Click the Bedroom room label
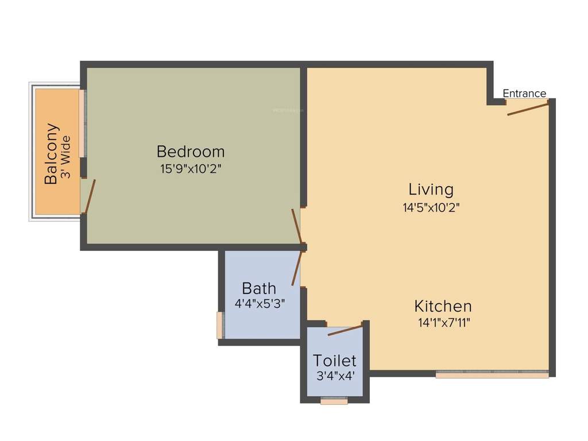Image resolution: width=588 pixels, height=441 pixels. click(191, 152)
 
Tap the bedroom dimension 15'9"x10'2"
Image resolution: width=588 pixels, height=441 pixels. click(191, 169)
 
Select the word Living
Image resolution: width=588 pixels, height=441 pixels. click(431, 189)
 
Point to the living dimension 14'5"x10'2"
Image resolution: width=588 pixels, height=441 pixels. click(431, 207)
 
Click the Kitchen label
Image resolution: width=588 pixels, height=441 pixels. click(443, 306)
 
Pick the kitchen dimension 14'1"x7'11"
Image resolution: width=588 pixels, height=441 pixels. click(444, 323)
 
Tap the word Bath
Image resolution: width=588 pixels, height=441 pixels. click(259, 288)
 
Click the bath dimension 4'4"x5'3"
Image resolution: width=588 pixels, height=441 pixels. click(260, 303)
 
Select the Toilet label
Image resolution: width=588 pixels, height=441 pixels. click(335, 361)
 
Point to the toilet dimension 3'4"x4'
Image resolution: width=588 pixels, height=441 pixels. click(335, 377)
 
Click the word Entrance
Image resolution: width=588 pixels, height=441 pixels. click(524, 94)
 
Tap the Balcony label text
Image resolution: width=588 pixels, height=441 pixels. click(52, 153)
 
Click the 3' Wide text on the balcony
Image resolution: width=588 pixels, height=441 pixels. click(66, 157)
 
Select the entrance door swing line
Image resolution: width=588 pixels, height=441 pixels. click(528, 108)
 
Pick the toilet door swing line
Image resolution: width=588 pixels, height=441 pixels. click(345, 330)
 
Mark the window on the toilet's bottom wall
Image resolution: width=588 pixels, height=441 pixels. click(334, 401)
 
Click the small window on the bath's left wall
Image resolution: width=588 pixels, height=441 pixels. click(219, 325)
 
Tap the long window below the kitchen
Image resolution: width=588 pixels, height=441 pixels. click(492, 375)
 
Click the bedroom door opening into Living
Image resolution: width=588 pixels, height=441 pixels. click(296, 226)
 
